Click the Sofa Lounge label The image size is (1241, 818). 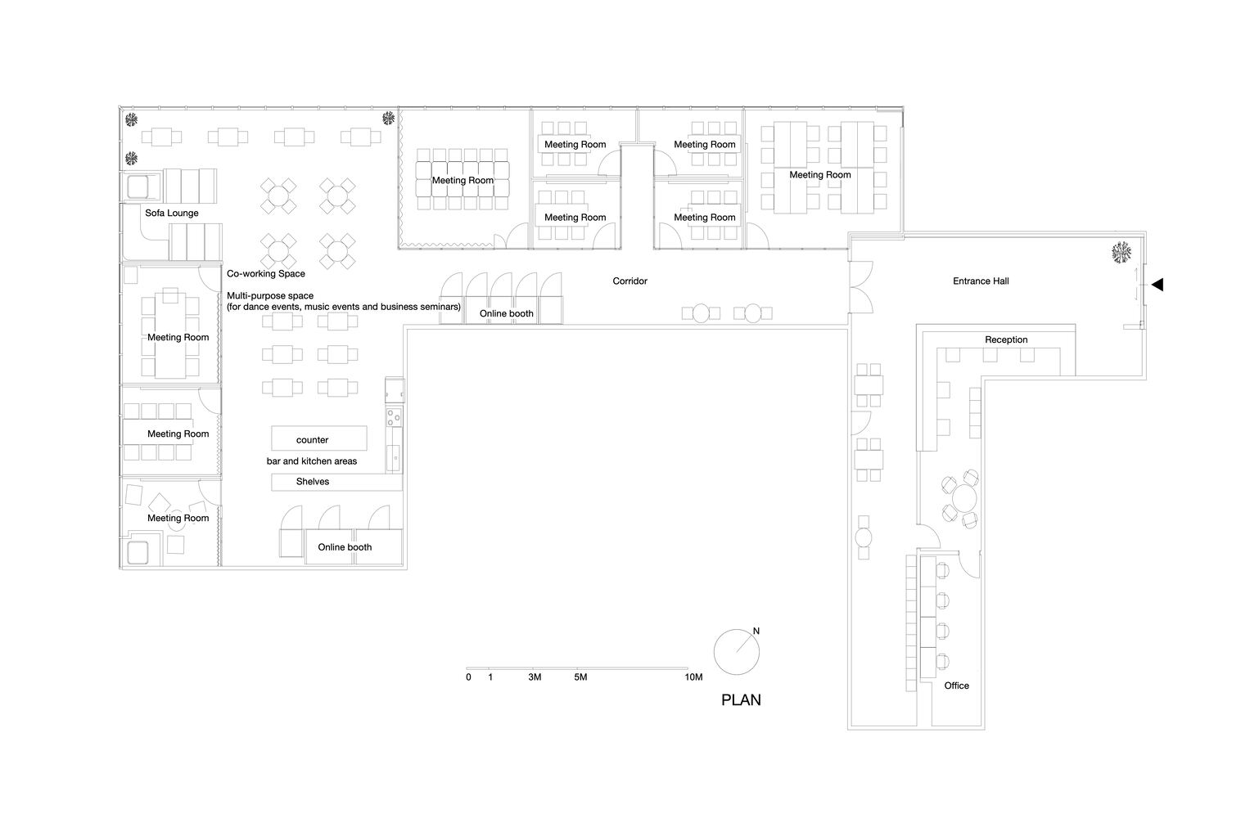(172, 213)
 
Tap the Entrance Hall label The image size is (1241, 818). (981, 281)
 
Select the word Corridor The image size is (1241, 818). (630, 281)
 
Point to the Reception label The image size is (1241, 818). (1006, 339)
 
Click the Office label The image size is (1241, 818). (957, 685)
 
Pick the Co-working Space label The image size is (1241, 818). (266, 274)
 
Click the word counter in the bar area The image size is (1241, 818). (313, 441)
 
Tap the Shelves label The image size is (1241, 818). (313, 482)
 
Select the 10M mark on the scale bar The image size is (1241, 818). (693, 677)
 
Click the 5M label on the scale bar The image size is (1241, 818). (580, 677)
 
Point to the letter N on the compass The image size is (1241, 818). (756, 631)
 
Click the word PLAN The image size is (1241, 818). (742, 700)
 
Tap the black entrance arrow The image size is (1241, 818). (1158, 285)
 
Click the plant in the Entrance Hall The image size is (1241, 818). (1121, 253)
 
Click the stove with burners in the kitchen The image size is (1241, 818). (394, 417)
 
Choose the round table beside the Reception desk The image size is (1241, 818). (966, 498)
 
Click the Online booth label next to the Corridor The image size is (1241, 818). (507, 314)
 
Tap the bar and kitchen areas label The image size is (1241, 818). (312, 461)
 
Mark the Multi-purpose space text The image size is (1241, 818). (344, 302)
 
